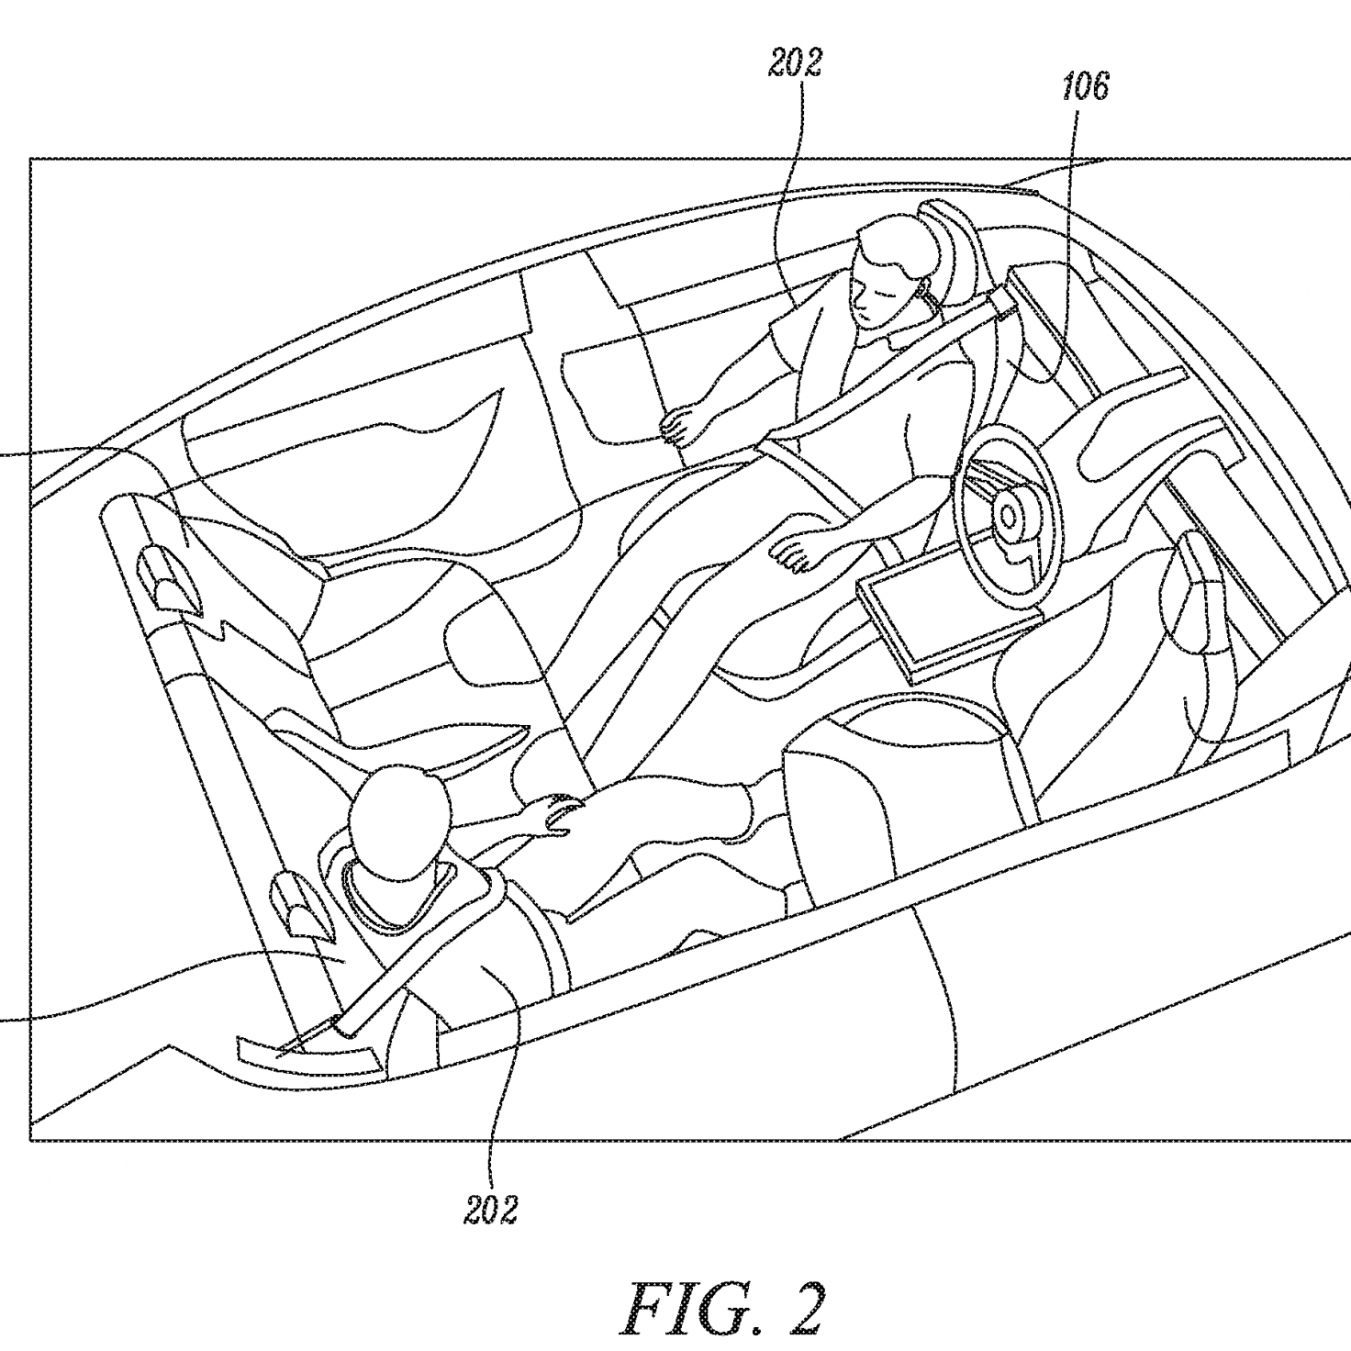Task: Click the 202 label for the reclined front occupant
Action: [x=794, y=64]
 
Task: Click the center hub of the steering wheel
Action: [x=1007, y=515]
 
